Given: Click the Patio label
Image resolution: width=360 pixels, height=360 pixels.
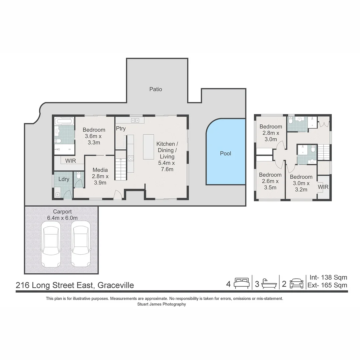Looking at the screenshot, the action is (156, 89).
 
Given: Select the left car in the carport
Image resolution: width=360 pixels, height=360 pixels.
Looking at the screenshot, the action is (51, 244).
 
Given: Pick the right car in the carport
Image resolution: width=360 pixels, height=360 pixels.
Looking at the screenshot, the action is (81, 244).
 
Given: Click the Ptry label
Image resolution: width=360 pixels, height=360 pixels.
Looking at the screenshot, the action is (121, 129).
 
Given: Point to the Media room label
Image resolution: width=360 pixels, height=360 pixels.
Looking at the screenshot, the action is (100, 170).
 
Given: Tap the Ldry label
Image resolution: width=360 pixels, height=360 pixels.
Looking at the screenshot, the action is (64, 179).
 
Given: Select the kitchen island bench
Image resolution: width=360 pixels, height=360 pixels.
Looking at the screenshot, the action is (149, 147).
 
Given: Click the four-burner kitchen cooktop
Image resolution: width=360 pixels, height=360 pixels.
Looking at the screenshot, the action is (131, 158).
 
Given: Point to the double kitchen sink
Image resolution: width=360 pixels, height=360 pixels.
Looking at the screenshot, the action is (135, 120).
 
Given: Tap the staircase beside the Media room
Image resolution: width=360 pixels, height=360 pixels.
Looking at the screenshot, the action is (121, 165).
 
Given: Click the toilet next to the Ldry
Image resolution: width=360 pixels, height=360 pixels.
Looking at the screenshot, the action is (79, 175).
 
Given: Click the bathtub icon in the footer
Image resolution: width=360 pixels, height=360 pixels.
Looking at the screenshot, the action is (269, 284).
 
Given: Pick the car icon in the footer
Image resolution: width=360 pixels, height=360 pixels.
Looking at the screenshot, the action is (296, 283).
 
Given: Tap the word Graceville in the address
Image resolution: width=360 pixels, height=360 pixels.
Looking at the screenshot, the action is (116, 285).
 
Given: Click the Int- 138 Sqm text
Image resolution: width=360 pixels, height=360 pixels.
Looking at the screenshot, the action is (328, 277).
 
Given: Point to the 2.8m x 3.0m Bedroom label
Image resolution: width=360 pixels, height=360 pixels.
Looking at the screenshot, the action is (271, 133).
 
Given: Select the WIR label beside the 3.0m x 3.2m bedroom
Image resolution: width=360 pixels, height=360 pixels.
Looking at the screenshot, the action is (323, 187).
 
